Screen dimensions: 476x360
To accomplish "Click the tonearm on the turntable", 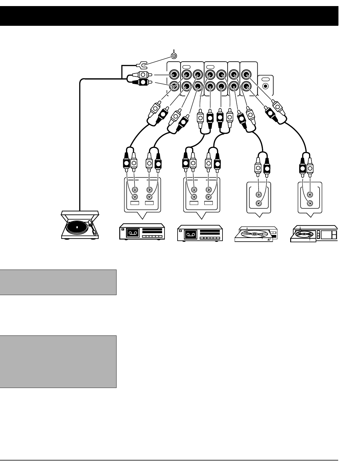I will pos(93,229).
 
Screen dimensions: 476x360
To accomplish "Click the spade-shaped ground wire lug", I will pos(141,65).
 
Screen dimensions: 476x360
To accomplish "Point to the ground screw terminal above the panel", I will pos(174,56).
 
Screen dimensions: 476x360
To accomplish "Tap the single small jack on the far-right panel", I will pos(266,86).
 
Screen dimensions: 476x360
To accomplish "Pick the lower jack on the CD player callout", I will pos(310,203).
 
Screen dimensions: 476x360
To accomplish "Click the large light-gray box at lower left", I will pos(58,362).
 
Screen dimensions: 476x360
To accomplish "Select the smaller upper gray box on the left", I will pos(58,282).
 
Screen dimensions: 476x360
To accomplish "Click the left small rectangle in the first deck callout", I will pos(134,203).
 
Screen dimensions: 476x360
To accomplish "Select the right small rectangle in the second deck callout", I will pos(209,203).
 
